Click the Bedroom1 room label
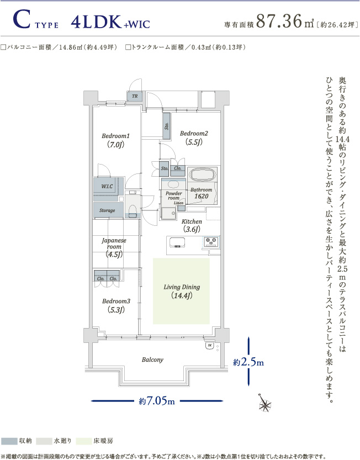tap(115, 140)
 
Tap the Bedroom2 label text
tap(194, 138)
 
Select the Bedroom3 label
tap(116, 305)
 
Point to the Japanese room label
tap(114, 247)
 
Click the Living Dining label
tap(182, 291)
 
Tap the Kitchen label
tap(192, 225)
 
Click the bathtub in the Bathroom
tap(203, 175)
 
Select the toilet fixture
tap(133, 210)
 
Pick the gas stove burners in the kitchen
tap(211, 241)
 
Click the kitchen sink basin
tap(177, 242)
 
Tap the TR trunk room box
tap(135, 96)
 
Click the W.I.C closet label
tap(107, 186)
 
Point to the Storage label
tap(107, 210)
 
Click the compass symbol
tap(265, 403)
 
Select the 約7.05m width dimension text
tap(157, 401)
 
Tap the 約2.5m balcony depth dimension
tap(248, 362)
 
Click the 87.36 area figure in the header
tap(279, 21)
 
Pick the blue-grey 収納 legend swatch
tap(9, 441)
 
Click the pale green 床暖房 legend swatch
tap(84, 441)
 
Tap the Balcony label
tap(152, 359)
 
